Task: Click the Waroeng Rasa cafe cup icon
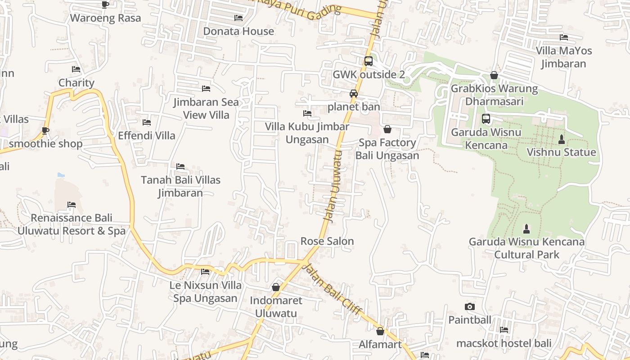click(x=105, y=4)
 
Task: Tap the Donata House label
click(x=238, y=31)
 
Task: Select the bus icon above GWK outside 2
click(x=368, y=61)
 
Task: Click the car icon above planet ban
click(x=354, y=94)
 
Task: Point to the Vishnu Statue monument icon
click(x=561, y=139)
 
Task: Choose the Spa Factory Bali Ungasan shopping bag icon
click(x=387, y=130)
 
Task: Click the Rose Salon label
click(x=327, y=241)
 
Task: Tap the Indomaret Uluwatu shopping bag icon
click(x=276, y=287)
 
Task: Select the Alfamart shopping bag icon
click(x=380, y=331)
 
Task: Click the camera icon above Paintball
click(x=470, y=307)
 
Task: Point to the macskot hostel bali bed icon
click(x=504, y=330)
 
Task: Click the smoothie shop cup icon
click(x=45, y=130)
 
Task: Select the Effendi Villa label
click(x=147, y=135)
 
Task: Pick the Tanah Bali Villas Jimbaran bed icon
click(x=180, y=166)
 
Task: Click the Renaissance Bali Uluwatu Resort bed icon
click(x=72, y=205)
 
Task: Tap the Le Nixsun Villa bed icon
click(x=205, y=272)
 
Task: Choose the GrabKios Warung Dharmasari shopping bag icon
click(x=494, y=75)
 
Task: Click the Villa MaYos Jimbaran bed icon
click(x=564, y=37)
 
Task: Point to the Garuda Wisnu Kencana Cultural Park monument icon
click(x=526, y=229)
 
